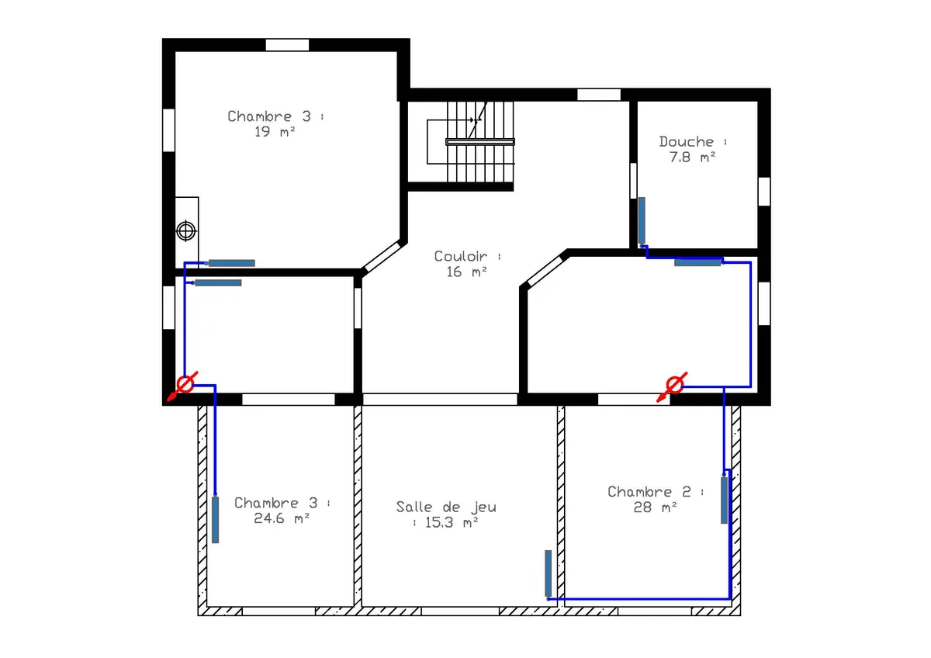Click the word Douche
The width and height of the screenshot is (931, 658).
[x=686, y=142]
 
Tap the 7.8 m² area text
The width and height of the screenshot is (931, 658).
[x=692, y=157]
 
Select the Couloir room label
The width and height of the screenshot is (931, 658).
[x=461, y=256]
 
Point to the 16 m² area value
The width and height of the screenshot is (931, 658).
[x=466, y=272]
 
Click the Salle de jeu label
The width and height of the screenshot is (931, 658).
[x=446, y=507]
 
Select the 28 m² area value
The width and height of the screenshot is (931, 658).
[x=655, y=507]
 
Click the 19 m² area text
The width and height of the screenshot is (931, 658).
[x=275, y=132]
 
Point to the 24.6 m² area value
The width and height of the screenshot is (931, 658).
[x=282, y=518]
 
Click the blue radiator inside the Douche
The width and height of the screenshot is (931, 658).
[x=642, y=220]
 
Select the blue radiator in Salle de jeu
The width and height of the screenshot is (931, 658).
[x=549, y=573]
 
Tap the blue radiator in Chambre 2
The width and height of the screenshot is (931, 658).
[x=724, y=500]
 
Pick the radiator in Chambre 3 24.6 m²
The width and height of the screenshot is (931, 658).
[x=216, y=520]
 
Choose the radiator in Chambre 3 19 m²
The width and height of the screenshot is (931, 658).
[x=231, y=263]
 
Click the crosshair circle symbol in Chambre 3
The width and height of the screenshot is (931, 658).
[x=185, y=231]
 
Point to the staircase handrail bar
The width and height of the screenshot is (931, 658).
[x=480, y=142]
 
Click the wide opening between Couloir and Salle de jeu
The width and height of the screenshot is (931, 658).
[x=440, y=400]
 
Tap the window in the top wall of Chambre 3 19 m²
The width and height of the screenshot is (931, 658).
[x=287, y=45]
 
